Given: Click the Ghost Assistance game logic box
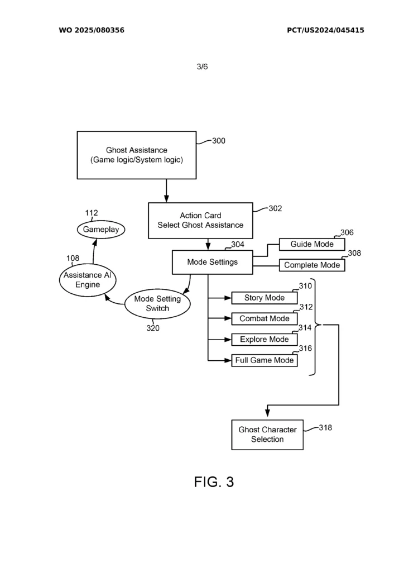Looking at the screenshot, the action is tap(137, 155).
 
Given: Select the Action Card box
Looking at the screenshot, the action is tap(200, 220).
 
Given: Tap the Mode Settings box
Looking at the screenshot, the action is tap(213, 262).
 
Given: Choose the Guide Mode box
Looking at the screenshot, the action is tap(312, 244).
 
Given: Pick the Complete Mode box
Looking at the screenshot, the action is tap(312, 265).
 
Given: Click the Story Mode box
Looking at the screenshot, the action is tap(264, 298).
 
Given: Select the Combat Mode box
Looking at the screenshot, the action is tap(264, 318).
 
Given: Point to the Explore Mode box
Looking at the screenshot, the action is tap(264, 339).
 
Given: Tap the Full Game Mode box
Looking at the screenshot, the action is tap(264, 360).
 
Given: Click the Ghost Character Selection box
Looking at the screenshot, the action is tap(267, 435).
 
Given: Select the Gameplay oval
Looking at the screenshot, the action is tap(101, 230).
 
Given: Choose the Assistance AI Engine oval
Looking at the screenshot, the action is tap(88, 280).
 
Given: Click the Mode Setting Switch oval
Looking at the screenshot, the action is tap(157, 303).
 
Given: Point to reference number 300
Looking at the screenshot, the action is tap(219, 141).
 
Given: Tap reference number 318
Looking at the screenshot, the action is tap(325, 427).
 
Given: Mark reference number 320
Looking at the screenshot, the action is tap(153, 328).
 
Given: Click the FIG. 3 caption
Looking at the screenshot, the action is tap(214, 482).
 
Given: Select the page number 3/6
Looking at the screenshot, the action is tap(202, 66).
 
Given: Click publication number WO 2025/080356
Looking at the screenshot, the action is tap(92, 30).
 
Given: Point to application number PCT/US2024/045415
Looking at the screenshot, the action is tap(325, 30).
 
